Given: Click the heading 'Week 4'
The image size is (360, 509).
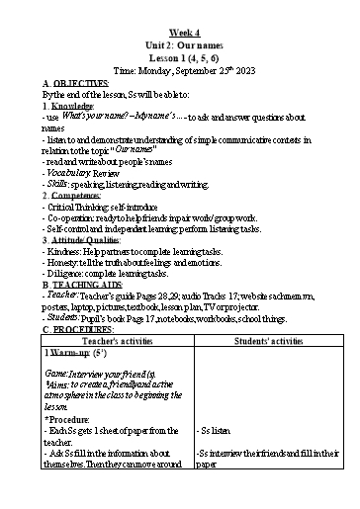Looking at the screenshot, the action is point(179,33).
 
